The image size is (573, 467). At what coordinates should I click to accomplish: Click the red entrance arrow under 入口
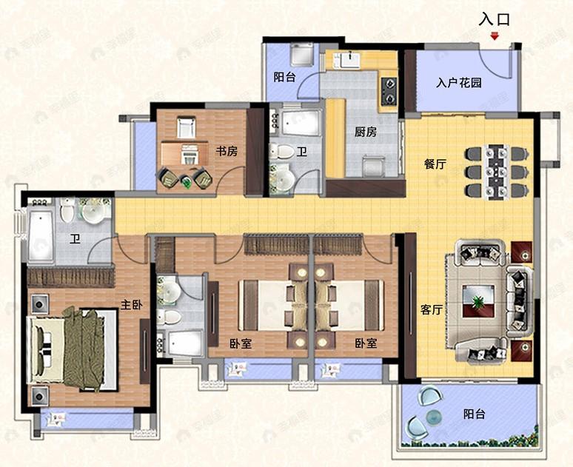[495, 35]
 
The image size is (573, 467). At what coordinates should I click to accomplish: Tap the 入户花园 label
[459, 83]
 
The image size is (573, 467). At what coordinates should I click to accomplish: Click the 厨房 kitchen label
[366, 132]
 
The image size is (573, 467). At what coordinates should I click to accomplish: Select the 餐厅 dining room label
[435, 164]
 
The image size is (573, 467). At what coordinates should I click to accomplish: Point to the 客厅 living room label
[431, 310]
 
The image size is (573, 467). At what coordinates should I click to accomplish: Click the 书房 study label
[227, 151]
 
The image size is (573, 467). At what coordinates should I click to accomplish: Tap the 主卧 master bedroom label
[133, 303]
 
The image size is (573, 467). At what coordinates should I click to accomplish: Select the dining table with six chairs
[497, 172]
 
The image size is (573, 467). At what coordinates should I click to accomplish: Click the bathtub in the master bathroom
[41, 235]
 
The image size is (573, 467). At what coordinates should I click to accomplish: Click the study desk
[189, 153]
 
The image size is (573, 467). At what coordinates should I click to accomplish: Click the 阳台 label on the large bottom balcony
[475, 414]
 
